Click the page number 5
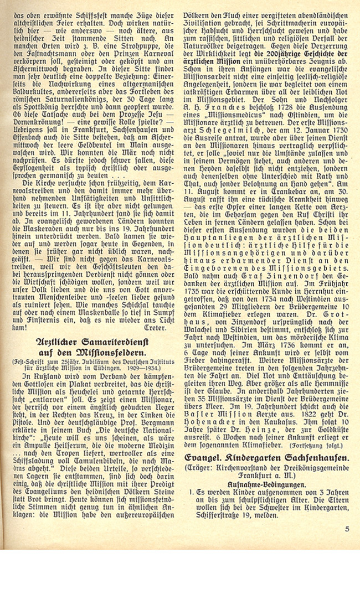click(x=346, y=529)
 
